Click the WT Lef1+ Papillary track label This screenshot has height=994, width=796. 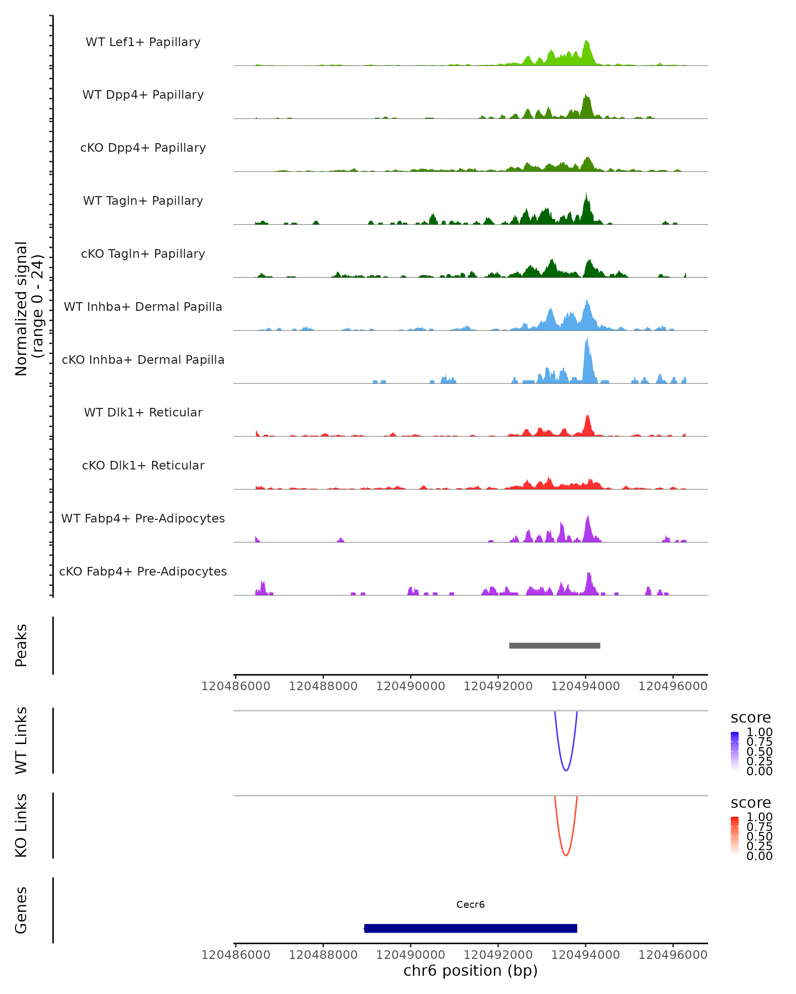tap(143, 42)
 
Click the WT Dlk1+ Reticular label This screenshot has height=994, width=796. tap(143, 412)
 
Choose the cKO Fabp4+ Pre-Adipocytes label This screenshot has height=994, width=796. tap(143, 571)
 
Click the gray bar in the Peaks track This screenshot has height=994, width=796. tap(554, 645)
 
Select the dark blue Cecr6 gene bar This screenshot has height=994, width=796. tap(470, 928)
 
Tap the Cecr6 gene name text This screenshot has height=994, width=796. tap(470, 905)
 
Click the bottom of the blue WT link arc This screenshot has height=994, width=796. tap(566, 770)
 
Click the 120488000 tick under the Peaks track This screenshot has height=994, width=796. tap(323, 686)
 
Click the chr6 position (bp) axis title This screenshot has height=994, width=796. tap(470, 971)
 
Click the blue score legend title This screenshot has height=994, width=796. tap(750, 718)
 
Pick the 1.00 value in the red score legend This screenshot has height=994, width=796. tap(759, 817)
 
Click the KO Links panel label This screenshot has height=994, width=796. tap(21, 825)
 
